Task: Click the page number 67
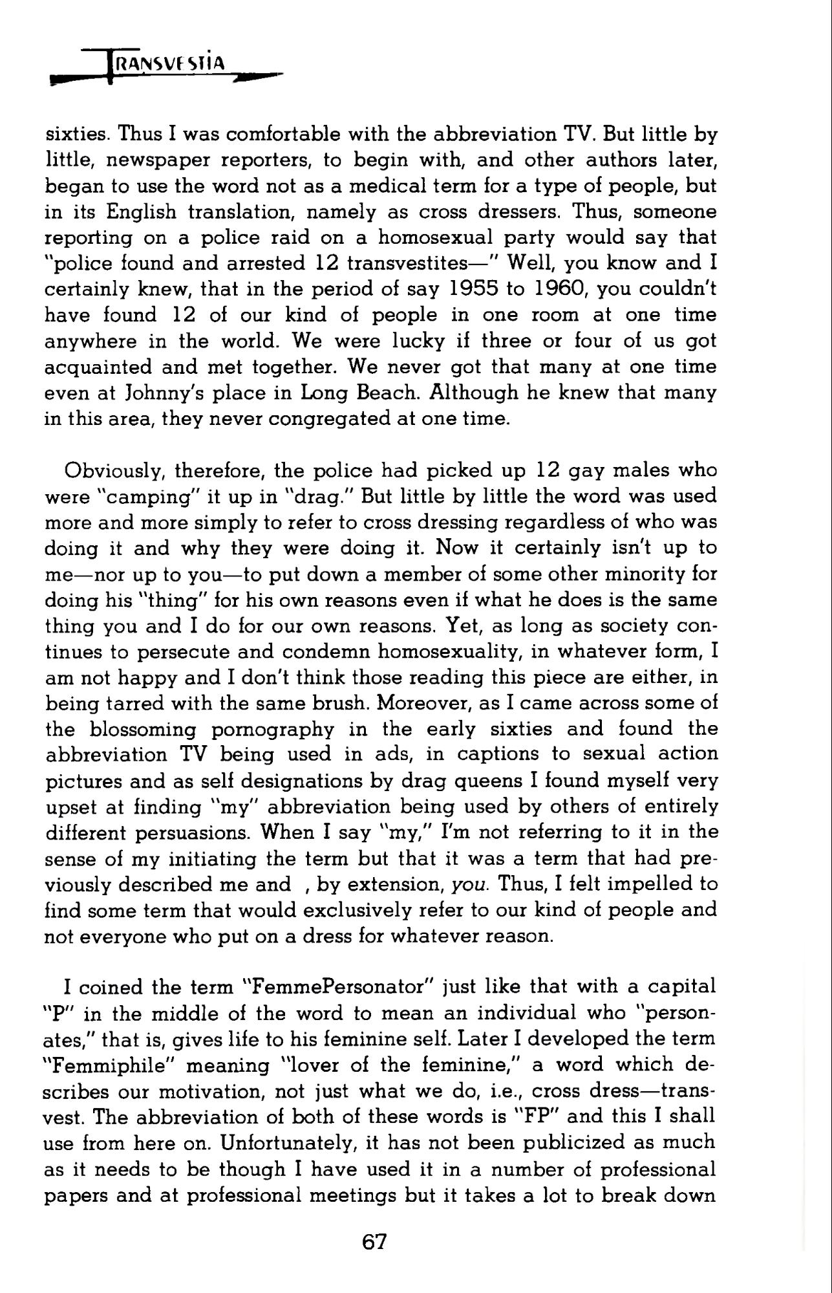tap(375, 1242)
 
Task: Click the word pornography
tap(273, 729)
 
